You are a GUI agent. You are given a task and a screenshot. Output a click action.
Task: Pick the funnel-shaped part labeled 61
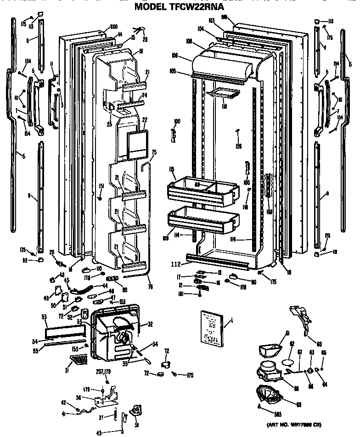[269, 349]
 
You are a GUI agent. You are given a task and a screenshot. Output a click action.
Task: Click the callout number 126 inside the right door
[238, 146]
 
